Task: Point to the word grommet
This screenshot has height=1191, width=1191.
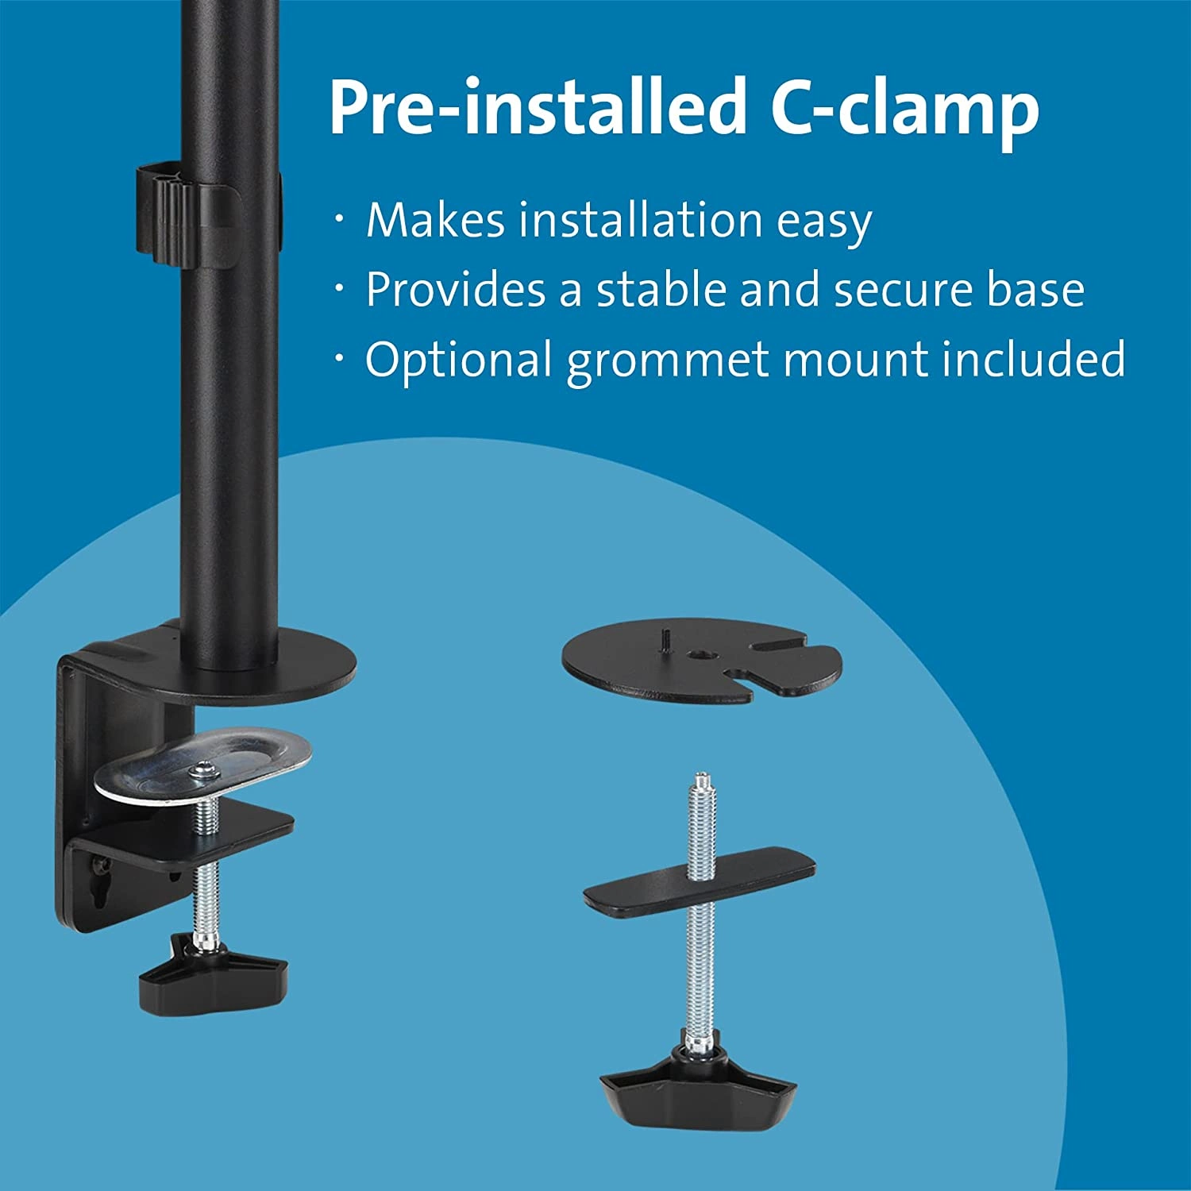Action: (670, 360)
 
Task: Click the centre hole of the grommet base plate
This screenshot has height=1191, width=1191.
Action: (703, 655)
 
